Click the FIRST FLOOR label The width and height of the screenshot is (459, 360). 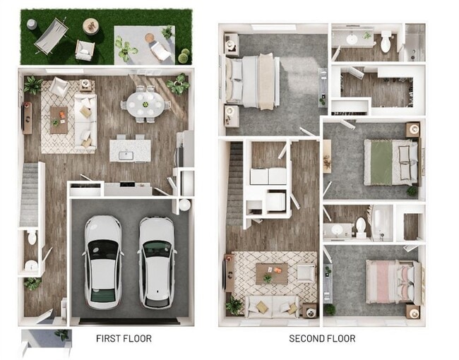[x=124, y=339]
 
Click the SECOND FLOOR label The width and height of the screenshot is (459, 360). [x=322, y=339]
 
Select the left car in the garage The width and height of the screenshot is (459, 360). [x=103, y=260]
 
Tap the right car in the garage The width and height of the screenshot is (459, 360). [x=156, y=261]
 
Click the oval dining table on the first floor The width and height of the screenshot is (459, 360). [x=145, y=105]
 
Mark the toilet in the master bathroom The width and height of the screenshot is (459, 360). [x=386, y=43]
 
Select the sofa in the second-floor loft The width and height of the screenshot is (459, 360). [x=271, y=306]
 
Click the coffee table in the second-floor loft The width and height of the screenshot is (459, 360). [x=271, y=272]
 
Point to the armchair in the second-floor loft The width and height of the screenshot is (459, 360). [x=306, y=272]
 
